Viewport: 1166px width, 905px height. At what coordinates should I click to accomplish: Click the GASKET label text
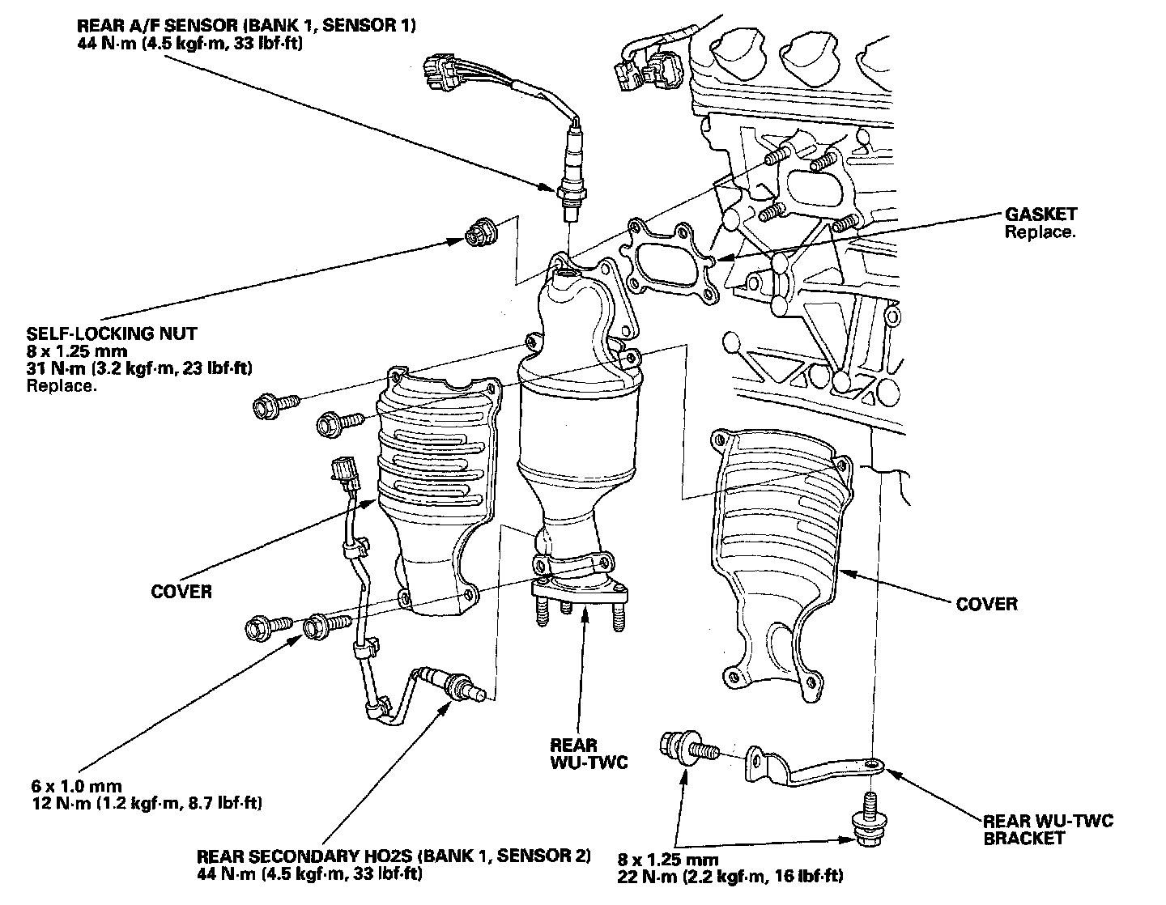click(1040, 215)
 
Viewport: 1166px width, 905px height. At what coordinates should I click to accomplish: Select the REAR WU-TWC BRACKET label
click(1048, 830)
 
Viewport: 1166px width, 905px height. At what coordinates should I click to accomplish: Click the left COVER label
click(181, 592)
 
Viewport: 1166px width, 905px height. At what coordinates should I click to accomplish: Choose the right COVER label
click(986, 604)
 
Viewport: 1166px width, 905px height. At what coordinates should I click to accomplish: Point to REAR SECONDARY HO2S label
click(394, 856)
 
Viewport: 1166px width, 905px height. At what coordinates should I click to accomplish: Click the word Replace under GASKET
click(1040, 232)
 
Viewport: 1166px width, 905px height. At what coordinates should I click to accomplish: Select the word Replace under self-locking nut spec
click(62, 385)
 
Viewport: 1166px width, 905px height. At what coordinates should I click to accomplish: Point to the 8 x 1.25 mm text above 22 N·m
click(669, 858)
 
